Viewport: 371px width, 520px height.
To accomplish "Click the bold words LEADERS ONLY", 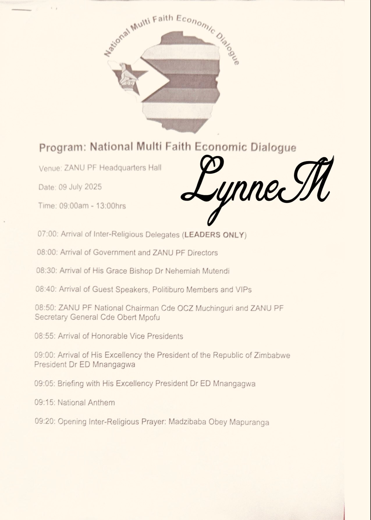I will pyautogui.click(x=214, y=235).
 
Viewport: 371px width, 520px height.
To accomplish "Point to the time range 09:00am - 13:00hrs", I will pyautogui.click(x=92, y=206).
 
